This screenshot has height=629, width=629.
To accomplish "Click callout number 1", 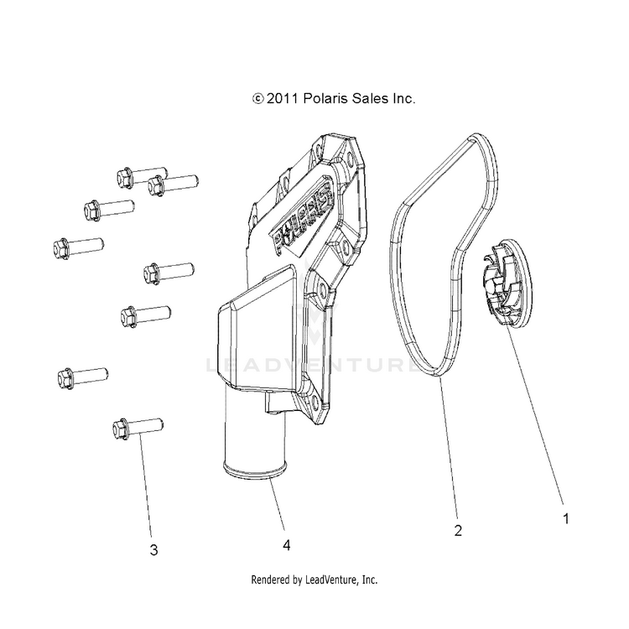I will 565,519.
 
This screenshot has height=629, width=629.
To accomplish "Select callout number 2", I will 458,530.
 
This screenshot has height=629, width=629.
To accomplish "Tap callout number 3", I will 153,551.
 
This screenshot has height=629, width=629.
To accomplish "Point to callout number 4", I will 287,545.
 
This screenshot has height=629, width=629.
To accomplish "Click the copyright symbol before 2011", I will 257,99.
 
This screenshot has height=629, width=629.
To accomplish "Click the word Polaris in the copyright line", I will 322,99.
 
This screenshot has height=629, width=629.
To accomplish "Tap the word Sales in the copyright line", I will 366,99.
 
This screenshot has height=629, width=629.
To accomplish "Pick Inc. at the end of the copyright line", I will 402,99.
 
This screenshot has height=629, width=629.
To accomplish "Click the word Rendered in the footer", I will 273,580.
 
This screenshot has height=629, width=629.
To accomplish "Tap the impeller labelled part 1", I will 507,281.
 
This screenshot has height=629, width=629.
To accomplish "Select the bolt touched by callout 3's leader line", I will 138,429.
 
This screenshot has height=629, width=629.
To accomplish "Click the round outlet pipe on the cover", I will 252,458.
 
